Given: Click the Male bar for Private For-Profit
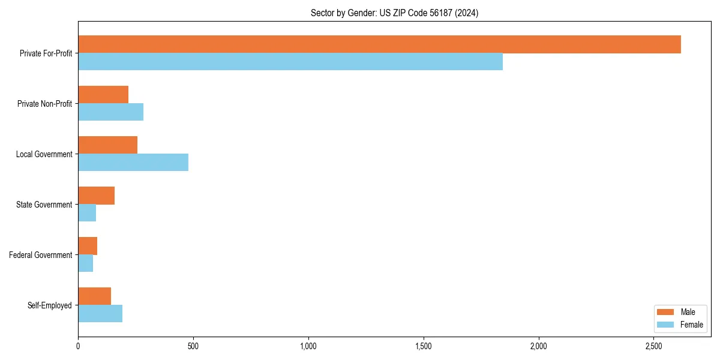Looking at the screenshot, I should coord(379,44).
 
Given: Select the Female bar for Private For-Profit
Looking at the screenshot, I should coord(290,62).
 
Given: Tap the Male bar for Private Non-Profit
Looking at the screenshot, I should coord(103,95).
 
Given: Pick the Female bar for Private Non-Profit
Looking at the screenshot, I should coord(110,112).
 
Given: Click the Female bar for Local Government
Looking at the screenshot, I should coord(133,163).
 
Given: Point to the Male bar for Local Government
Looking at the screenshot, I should coord(107,145).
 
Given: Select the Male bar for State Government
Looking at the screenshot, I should coord(96,196).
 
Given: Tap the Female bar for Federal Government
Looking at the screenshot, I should coord(85,263).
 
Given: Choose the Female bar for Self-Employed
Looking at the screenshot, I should coord(100,314).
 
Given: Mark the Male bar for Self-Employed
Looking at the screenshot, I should coord(94,296).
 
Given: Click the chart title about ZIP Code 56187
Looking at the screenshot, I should coord(394,13).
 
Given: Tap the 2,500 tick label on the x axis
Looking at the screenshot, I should coord(653,346).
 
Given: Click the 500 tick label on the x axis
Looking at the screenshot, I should coord(193,346).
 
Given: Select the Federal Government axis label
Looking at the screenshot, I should coord(41,255).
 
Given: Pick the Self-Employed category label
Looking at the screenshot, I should coord(50,305).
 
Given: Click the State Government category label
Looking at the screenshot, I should coord(44,205).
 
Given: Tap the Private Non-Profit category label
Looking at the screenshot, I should coord(44,104).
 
